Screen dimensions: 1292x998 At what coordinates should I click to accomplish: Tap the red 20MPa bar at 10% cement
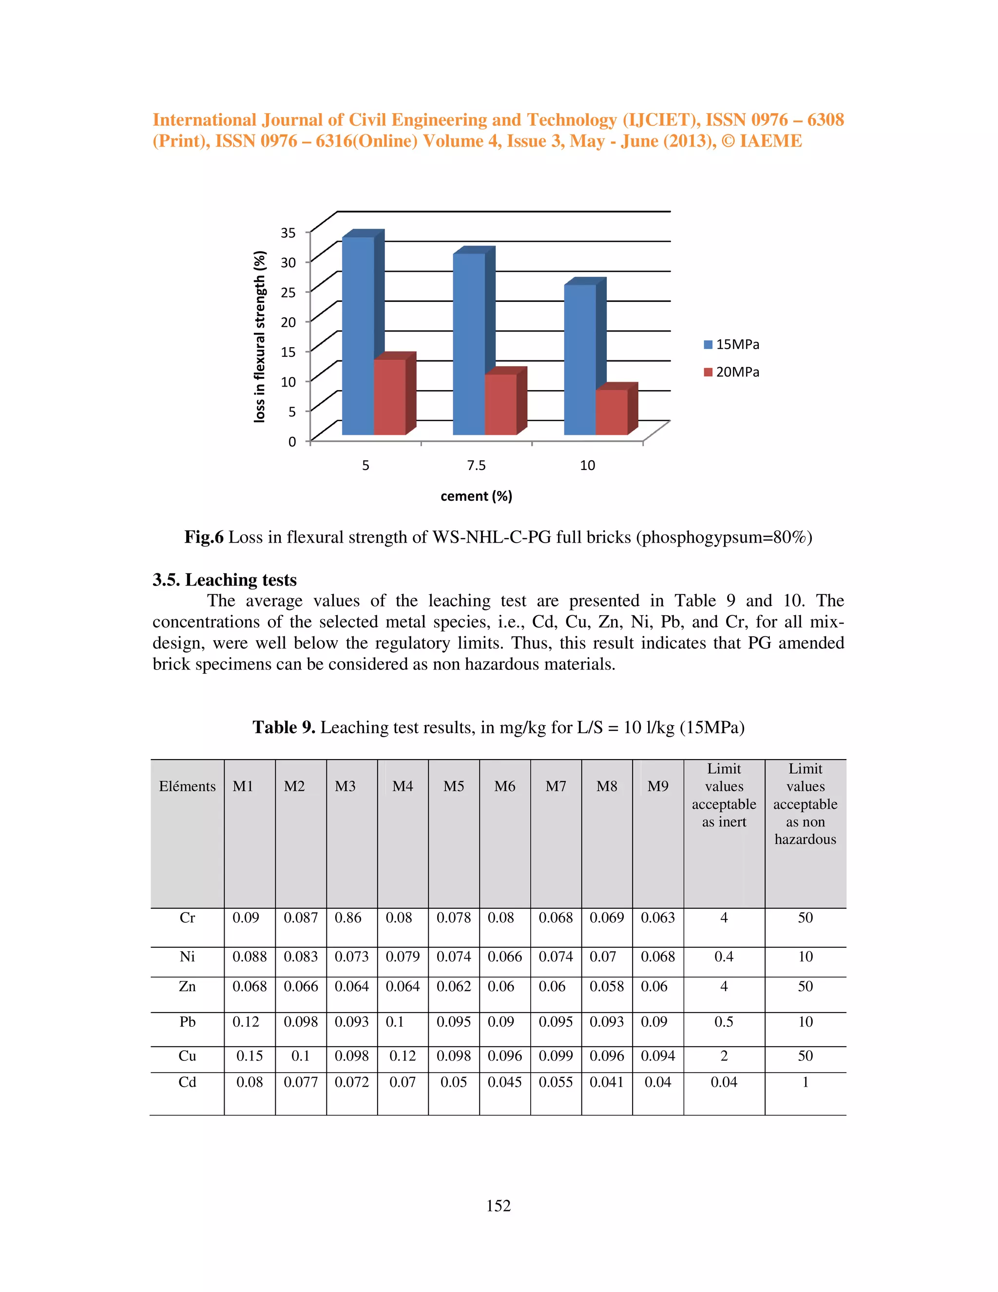pos(612,412)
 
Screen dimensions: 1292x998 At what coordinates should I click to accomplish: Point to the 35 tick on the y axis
pos(288,233)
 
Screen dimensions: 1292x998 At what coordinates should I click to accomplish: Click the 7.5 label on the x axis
pos(476,466)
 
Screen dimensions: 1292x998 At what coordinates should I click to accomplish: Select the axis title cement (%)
pos(476,496)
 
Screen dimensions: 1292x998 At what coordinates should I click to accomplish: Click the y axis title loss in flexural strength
pos(259,336)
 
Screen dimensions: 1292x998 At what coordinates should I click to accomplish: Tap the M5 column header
pos(454,786)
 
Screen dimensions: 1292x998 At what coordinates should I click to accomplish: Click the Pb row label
pos(188,1021)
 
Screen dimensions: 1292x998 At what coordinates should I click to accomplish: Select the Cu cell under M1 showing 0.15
pos(249,1056)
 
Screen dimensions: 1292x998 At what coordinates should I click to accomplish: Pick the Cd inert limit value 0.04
pos(724,1082)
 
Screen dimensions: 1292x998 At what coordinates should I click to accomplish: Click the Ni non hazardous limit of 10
pos(805,957)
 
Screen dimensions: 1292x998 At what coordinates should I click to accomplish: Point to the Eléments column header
pos(188,786)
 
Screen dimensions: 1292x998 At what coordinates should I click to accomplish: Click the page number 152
pos(499,1206)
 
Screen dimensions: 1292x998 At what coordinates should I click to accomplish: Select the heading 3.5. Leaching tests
pos(224,580)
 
